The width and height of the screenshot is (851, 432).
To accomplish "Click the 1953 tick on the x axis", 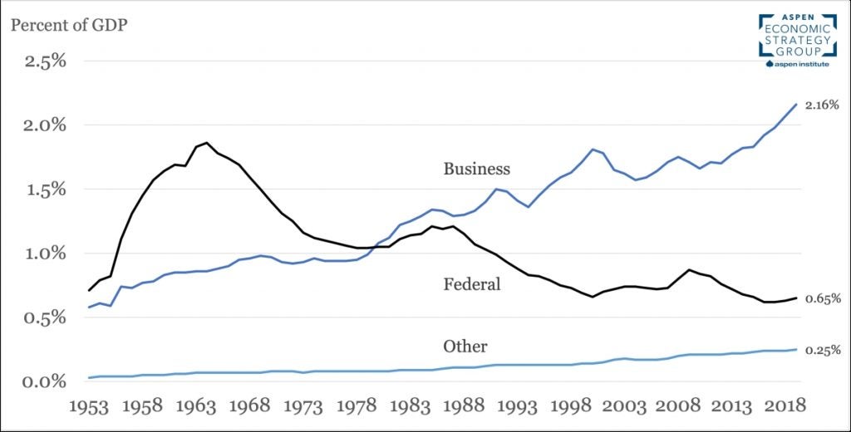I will (88, 407).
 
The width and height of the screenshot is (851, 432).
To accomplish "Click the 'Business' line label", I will (476, 169).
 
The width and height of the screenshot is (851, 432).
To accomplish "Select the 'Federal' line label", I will (472, 284).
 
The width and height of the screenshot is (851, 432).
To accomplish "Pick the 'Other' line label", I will (465, 346).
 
